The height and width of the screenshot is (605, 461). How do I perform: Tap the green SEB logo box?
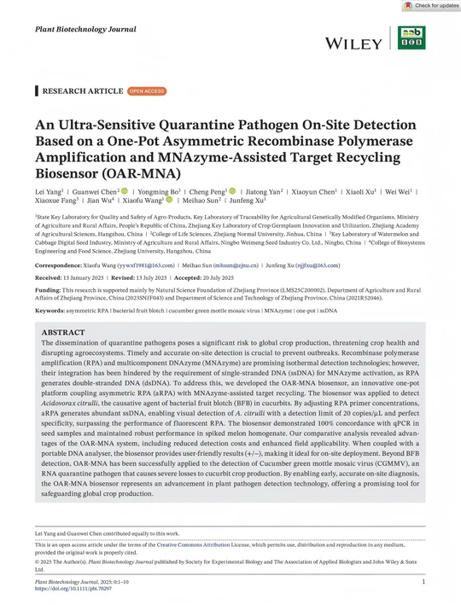[411, 38]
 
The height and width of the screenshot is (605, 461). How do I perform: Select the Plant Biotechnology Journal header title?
[85, 29]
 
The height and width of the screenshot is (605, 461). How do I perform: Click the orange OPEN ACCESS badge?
[147, 90]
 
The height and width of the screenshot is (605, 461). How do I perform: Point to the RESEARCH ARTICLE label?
[82, 90]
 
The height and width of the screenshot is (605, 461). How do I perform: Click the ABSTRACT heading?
[63, 332]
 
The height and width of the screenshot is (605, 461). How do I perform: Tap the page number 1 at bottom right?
[423, 581]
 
